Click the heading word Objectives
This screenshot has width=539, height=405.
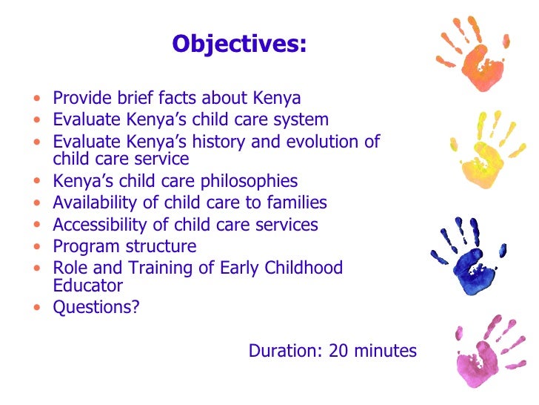(x=238, y=45)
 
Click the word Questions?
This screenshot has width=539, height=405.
(x=96, y=307)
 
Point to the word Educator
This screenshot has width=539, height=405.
(x=87, y=286)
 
